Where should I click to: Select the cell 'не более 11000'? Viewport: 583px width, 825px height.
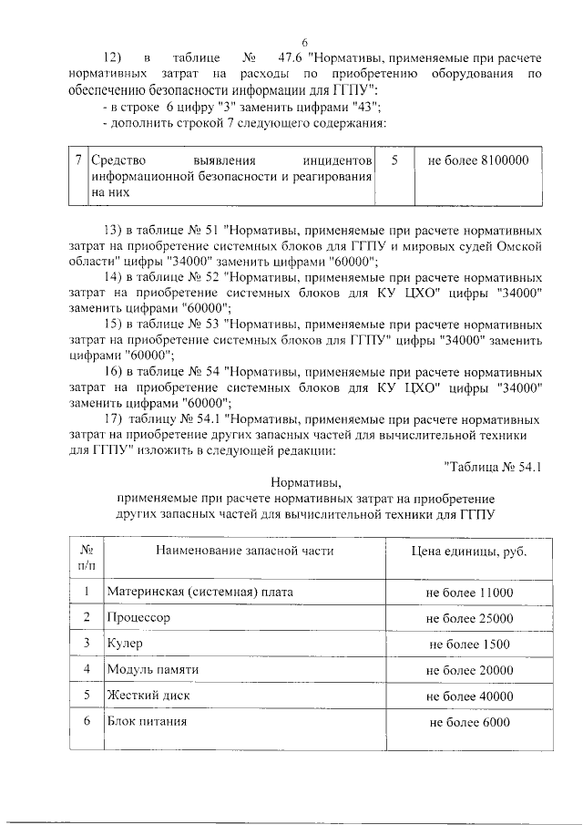(469, 593)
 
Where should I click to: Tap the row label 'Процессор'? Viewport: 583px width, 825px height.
(139, 618)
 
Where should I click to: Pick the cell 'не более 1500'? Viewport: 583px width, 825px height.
(469, 645)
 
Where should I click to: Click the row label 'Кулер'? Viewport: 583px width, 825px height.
(125, 644)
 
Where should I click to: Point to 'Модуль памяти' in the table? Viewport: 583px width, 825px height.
(152, 670)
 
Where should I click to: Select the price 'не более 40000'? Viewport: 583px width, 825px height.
(469, 696)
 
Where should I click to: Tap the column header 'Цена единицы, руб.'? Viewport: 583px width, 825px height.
(469, 552)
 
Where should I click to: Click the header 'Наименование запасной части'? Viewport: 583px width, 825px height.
(244, 552)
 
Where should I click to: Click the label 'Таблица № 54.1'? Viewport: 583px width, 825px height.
(493, 468)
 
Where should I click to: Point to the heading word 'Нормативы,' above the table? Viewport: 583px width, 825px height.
(305, 482)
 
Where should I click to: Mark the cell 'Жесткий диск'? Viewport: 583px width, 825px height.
(146, 696)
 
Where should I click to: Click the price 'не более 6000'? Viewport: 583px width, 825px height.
(469, 723)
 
